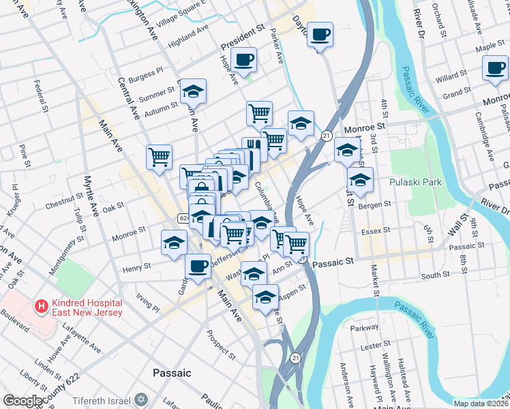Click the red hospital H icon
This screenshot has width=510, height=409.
pyautogui.click(x=43, y=307)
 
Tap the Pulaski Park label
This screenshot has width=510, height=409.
pyautogui.click(x=416, y=182)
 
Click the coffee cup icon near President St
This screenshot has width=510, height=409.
pyautogui.click(x=243, y=59)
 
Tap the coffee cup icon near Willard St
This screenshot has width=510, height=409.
pyautogui.click(x=495, y=68)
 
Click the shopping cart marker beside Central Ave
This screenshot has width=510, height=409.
pyautogui.click(x=159, y=157)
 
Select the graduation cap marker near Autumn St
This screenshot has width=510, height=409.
pyautogui.click(x=193, y=91)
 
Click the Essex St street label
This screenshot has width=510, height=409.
pyautogui.click(x=376, y=230)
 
